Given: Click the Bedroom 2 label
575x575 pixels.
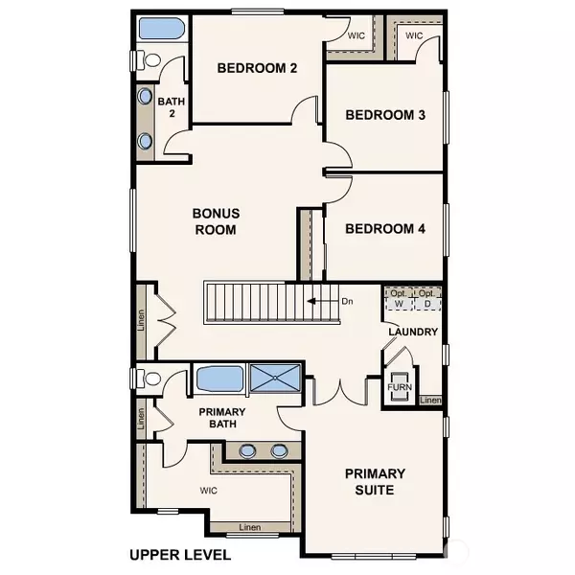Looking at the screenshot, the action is click(x=257, y=68).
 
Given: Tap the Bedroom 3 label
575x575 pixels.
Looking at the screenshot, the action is click(x=385, y=115).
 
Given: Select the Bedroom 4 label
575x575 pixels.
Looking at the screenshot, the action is click(x=385, y=229).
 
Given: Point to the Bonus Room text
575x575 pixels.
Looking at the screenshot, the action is click(x=216, y=221).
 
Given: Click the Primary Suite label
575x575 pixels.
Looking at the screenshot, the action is click(x=375, y=481).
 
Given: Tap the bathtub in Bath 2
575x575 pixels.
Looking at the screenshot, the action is click(x=162, y=28).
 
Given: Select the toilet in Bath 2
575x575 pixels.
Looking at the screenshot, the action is click(x=149, y=59).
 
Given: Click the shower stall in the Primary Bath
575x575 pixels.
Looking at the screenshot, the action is click(x=275, y=378).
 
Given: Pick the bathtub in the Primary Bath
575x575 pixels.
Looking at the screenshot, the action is click(x=219, y=379).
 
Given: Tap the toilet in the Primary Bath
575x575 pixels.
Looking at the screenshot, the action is click(x=149, y=379).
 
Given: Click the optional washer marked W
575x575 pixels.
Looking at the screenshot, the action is click(x=399, y=304).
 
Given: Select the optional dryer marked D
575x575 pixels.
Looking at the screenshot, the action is click(x=427, y=304).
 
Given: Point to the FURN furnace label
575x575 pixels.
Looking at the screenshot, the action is click(x=400, y=387).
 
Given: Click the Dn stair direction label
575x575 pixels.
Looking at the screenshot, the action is click(x=347, y=302).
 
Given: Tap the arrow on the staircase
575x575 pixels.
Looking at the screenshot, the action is click(x=323, y=302).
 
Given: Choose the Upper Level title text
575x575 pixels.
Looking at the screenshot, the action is click(x=180, y=555).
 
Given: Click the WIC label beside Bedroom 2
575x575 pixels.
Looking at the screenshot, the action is click(x=356, y=35).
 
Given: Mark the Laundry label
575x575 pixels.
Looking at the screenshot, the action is click(x=413, y=332).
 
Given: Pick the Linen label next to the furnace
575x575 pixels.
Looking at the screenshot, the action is click(x=430, y=400).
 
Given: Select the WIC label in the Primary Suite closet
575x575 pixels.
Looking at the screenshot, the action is click(x=208, y=491).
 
